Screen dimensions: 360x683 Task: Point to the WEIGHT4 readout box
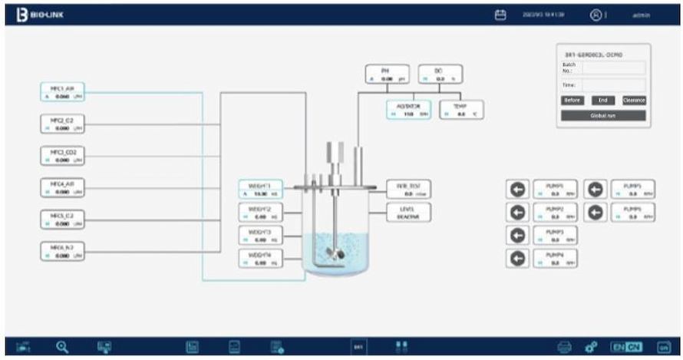(260, 258)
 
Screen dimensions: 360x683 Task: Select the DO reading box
(440, 74)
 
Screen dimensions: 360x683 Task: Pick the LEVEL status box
(408, 213)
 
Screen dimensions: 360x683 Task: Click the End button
(602, 100)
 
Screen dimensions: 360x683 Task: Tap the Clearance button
(634, 100)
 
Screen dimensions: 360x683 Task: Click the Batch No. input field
(613, 68)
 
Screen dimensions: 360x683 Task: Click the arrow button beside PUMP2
(519, 213)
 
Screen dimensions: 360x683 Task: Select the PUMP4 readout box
(554, 258)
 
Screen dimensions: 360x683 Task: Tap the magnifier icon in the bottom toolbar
(62, 347)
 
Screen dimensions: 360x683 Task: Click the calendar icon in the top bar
(500, 15)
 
